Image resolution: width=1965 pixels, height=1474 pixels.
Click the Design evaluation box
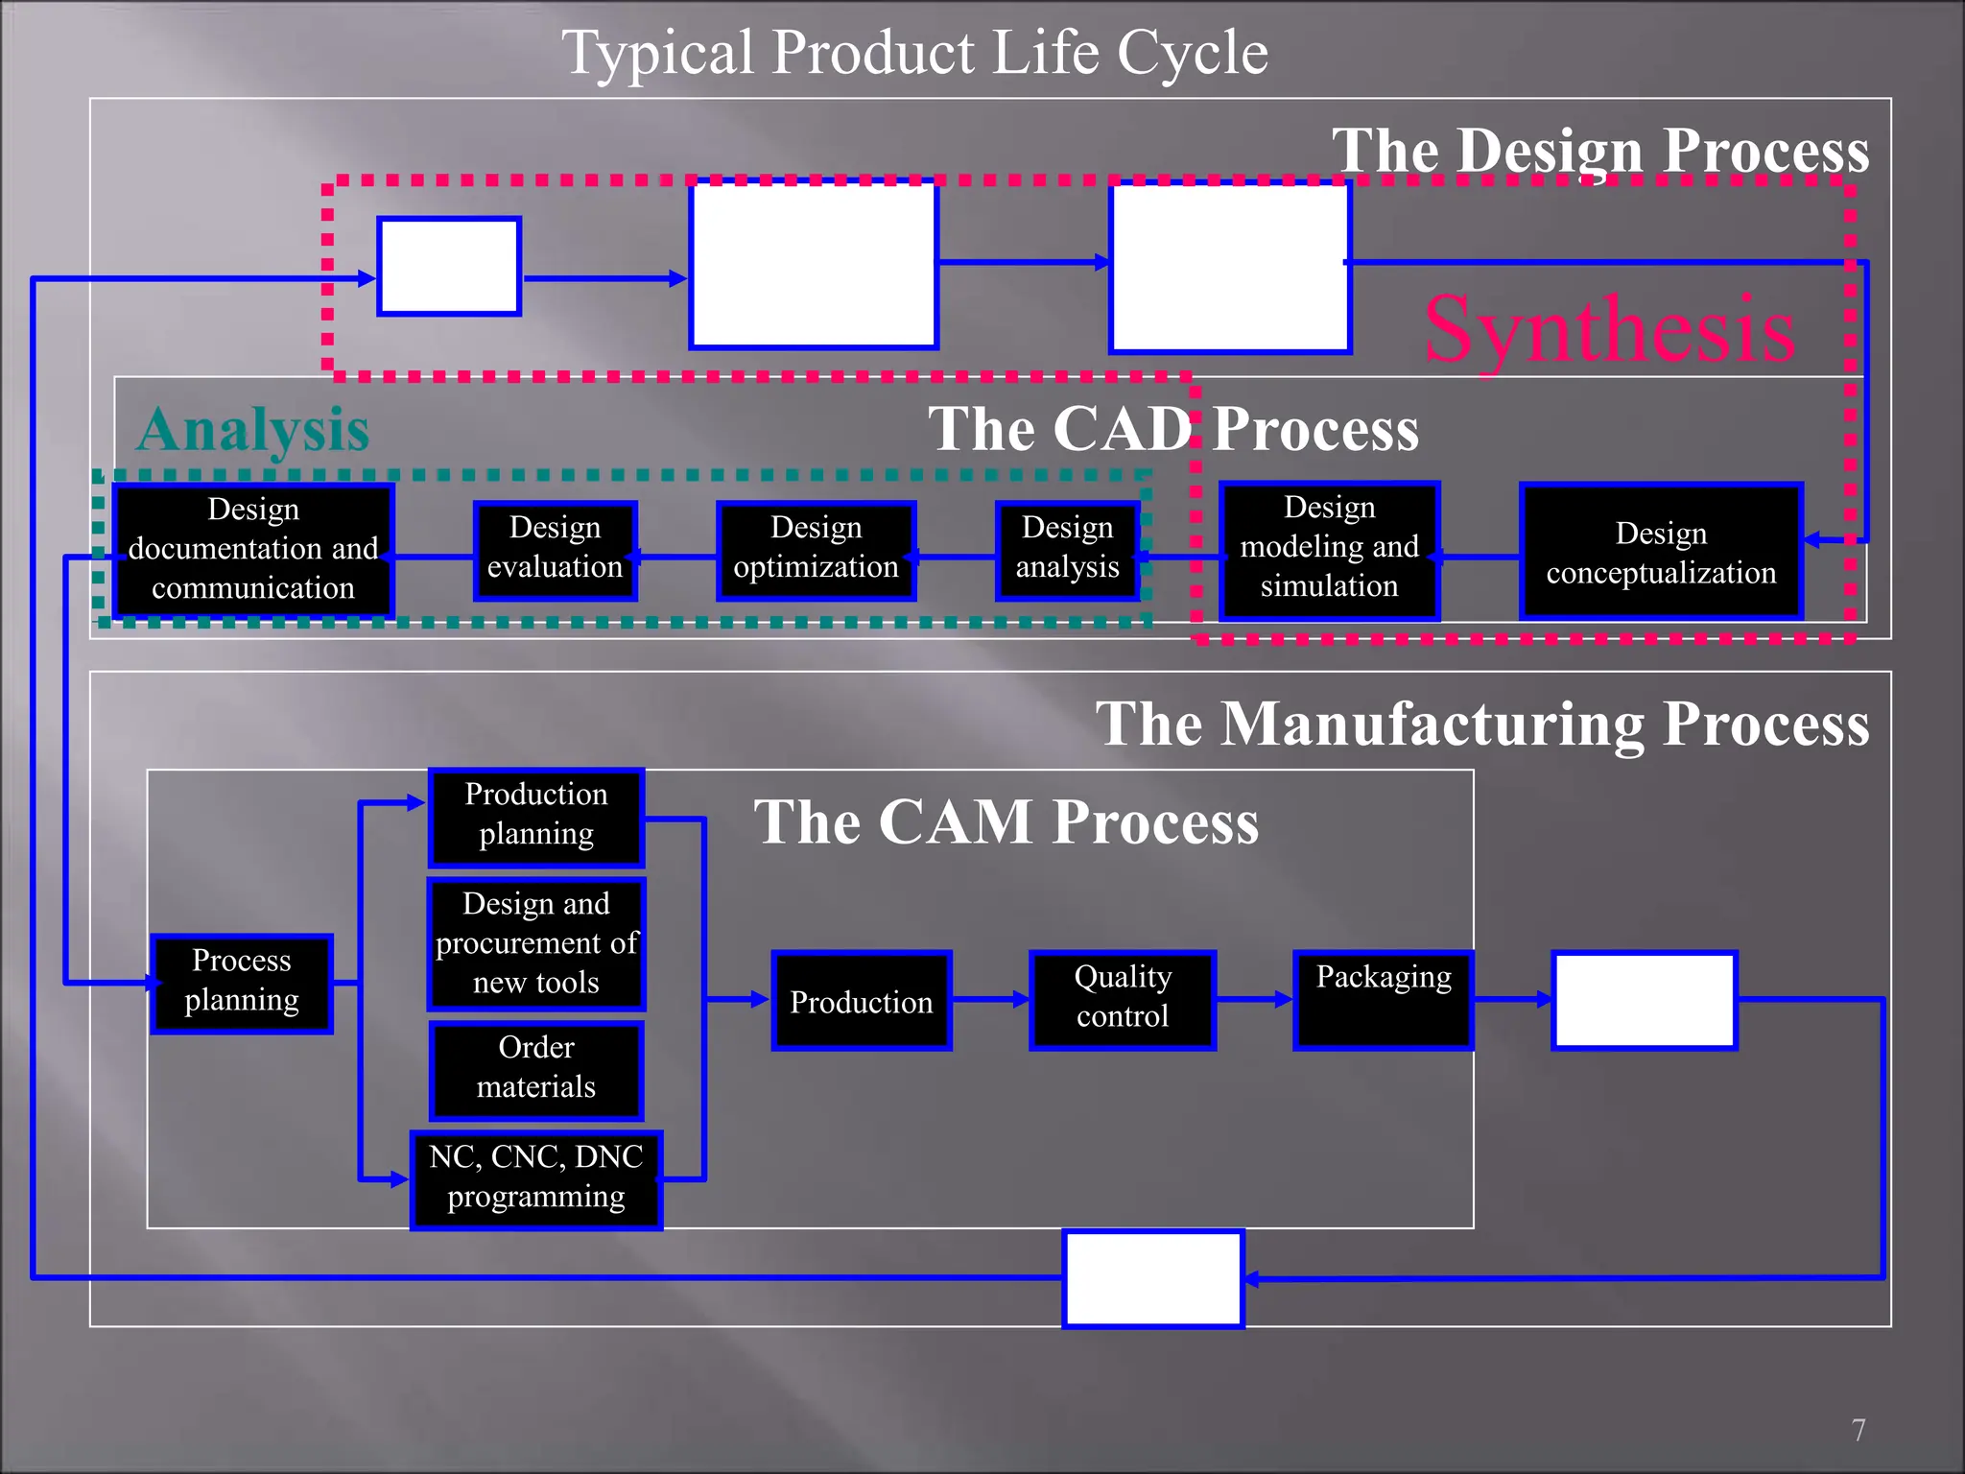[556, 551]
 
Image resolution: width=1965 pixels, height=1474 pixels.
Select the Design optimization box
[817, 551]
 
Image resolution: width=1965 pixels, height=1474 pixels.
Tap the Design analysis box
[1068, 551]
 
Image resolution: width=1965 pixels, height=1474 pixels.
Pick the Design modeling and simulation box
[1330, 551]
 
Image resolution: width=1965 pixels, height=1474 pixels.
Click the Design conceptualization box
[1661, 552]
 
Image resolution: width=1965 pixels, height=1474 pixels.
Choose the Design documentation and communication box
[253, 551]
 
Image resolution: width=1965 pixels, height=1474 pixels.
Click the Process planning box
[242, 984]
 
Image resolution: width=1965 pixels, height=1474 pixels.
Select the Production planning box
[536, 818]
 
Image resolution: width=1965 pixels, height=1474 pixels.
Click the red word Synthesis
[1610, 330]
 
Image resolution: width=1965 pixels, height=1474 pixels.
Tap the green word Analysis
[253, 429]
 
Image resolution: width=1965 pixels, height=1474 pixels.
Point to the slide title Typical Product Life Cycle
[914, 52]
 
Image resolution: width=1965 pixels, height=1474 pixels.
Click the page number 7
[1858, 1430]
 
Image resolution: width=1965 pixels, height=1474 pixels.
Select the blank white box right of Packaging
[1645, 1000]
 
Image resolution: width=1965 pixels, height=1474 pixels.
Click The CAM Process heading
[1006, 822]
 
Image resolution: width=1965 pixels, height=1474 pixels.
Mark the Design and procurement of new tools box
[536, 944]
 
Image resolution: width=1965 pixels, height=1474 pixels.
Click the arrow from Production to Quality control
[990, 1000]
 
